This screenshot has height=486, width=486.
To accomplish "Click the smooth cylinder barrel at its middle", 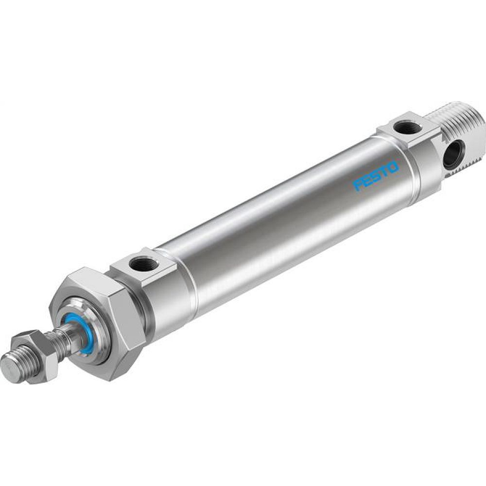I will (282, 224).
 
